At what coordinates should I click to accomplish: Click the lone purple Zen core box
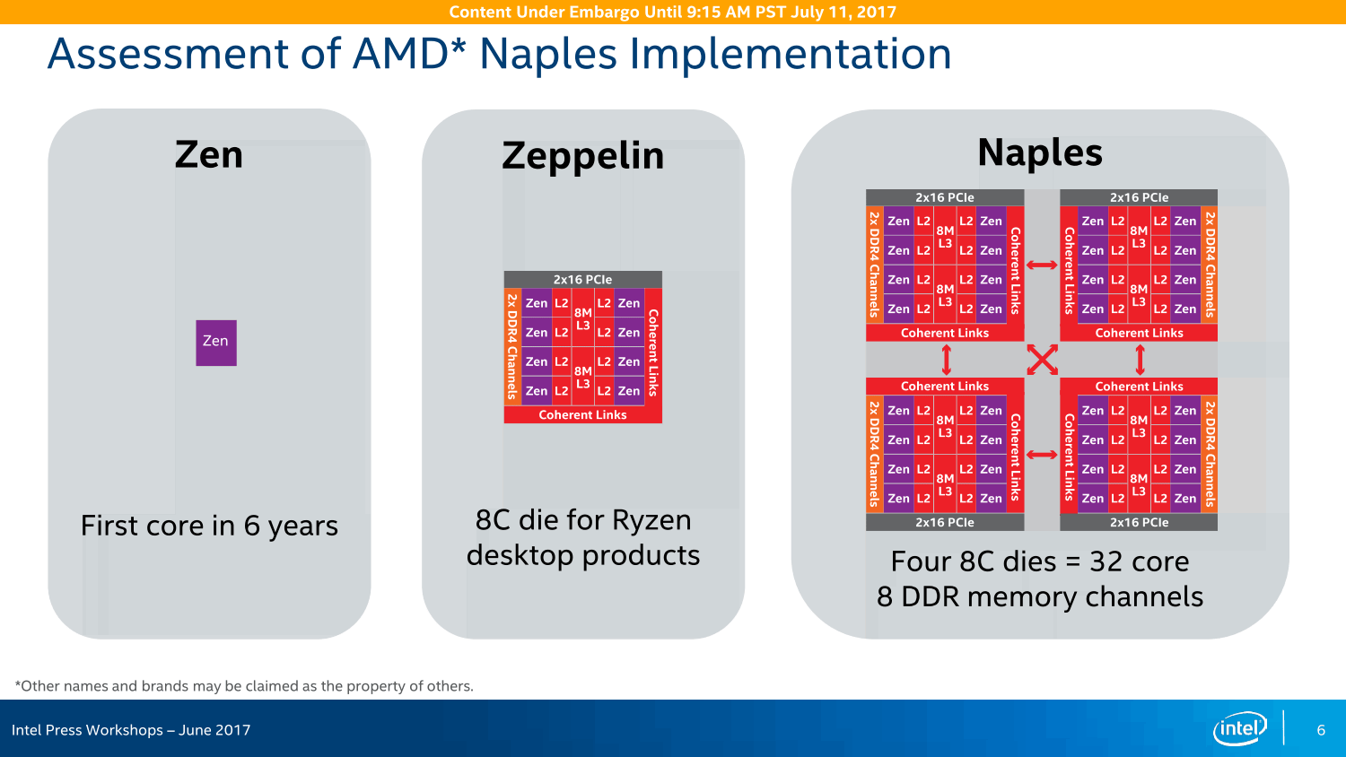[x=216, y=343]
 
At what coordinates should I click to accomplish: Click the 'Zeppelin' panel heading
[x=583, y=155]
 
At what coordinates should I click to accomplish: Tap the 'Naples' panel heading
[x=1040, y=152]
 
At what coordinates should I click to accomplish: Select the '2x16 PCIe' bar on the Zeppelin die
[x=583, y=279]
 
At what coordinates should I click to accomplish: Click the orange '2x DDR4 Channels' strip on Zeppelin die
[x=512, y=346]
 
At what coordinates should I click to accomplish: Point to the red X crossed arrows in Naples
[x=1042, y=360]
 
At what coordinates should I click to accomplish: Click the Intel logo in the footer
[x=1239, y=729]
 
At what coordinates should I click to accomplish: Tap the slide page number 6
[x=1321, y=730]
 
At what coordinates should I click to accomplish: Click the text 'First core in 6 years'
[x=209, y=526]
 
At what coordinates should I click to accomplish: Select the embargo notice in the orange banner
[x=672, y=12]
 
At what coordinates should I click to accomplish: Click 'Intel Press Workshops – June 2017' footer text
[x=131, y=730]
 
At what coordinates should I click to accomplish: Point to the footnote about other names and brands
[x=244, y=685]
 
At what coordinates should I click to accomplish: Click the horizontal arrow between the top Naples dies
[x=1042, y=265]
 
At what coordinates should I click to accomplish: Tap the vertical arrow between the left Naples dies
[x=946, y=360]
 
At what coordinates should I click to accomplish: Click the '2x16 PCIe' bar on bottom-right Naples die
[x=1139, y=522]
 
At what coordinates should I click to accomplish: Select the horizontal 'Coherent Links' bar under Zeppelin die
[x=583, y=414]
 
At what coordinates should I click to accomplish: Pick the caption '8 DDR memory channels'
[x=1039, y=596]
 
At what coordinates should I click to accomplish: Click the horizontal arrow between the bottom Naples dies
[x=1042, y=455]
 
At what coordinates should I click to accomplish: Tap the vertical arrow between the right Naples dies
[x=1140, y=360]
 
